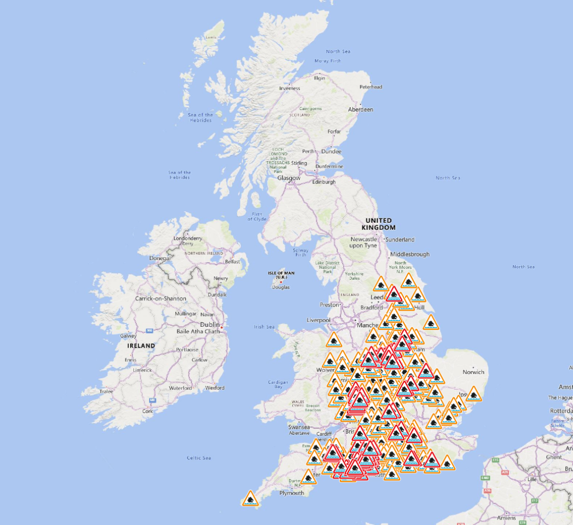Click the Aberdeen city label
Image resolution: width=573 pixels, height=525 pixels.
(360, 109)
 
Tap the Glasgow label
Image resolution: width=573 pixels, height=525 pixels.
(288, 178)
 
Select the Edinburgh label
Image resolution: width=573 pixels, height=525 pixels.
(324, 182)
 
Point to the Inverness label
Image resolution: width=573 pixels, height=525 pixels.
(290, 88)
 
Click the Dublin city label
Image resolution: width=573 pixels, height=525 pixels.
(210, 325)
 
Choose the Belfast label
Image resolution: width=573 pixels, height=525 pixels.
(233, 262)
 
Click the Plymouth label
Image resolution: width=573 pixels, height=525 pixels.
(291, 493)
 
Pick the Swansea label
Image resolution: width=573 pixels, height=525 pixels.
(299, 427)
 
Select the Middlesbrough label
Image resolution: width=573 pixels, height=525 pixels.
(409, 254)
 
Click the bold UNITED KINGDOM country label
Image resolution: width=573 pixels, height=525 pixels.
(379, 224)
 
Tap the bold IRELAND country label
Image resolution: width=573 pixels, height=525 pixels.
(141, 346)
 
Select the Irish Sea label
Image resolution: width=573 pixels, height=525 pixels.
(264, 327)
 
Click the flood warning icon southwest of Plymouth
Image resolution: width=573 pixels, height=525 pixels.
(250, 499)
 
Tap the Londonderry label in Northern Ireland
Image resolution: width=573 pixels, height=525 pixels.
(187, 239)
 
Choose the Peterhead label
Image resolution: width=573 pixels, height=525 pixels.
(371, 87)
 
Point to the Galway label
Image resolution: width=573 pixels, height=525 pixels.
(129, 336)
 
